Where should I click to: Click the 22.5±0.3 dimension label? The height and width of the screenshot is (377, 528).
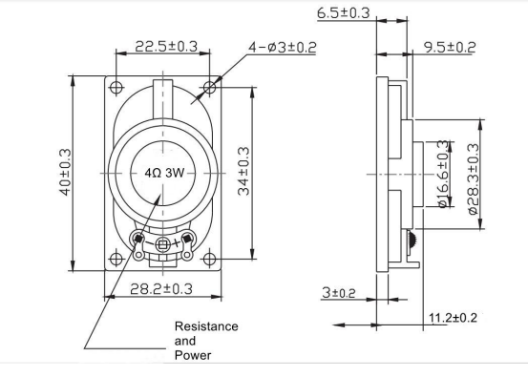pos(166,46)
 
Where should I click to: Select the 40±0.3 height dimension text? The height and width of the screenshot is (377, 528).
pos(65,172)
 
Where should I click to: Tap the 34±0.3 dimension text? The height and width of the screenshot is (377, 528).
pos(243,171)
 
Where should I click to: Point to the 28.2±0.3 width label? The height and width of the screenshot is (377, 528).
pos(161,289)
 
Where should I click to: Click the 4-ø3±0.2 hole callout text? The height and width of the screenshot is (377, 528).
pos(283,47)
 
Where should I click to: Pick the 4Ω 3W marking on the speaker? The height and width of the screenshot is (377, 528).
pos(164,173)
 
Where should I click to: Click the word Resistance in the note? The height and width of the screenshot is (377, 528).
pos(206,326)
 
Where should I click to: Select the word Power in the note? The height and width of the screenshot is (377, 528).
pos(193,355)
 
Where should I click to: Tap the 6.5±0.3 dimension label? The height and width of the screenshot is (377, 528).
pos(344,12)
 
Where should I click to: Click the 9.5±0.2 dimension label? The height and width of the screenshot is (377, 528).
pos(450,47)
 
